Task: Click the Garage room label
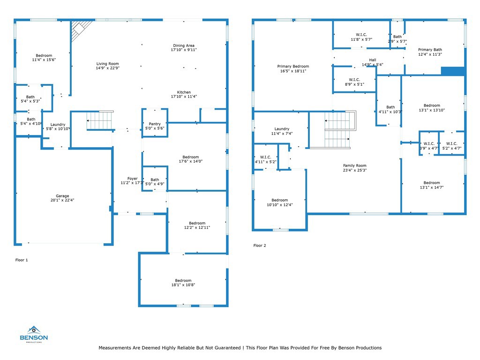click(x=62, y=196)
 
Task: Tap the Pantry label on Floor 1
click(x=155, y=124)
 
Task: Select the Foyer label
click(x=133, y=179)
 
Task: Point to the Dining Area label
click(x=184, y=45)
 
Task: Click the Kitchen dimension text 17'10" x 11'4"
click(x=184, y=97)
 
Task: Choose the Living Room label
click(x=107, y=64)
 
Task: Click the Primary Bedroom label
click(x=293, y=67)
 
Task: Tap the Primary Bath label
click(x=430, y=50)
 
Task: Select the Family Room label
click(x=354, y=165)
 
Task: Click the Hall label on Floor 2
click(x=373, y=60)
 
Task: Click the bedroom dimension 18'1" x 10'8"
click(x=183, y=285)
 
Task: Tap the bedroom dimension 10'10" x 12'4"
click(x=279, y=205)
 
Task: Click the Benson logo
click(x=34, y=334)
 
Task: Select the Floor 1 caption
click(x=22, y=260)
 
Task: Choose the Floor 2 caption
click(x=260, y=246)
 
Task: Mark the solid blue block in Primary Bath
click(x=453, y=71)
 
